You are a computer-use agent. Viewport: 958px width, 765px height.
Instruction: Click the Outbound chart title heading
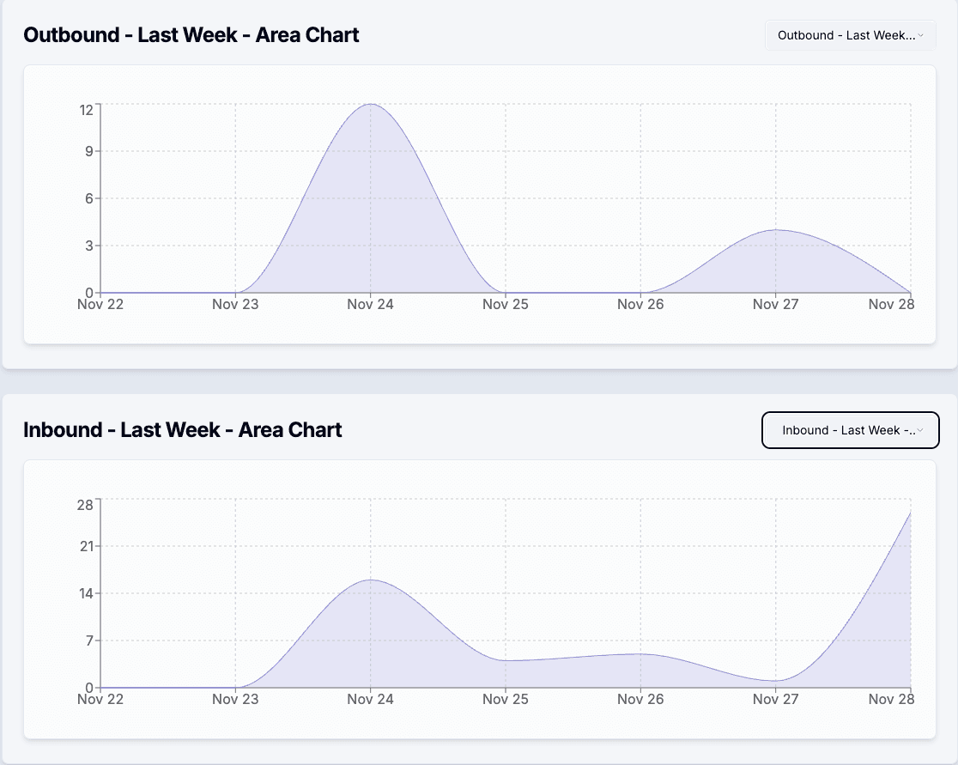(191, 35)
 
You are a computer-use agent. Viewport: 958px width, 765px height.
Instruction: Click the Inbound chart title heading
(182, 430)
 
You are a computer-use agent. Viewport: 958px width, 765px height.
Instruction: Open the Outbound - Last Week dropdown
(850, 35)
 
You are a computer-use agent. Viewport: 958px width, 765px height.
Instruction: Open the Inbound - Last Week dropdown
(850, 430)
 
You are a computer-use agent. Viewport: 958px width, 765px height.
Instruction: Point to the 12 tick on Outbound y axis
(87, 109)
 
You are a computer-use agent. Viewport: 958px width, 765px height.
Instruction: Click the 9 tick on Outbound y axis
(89, 151)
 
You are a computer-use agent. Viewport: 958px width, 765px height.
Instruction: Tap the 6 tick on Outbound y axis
(89, 198)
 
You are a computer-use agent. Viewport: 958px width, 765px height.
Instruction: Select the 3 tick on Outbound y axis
(89, 246)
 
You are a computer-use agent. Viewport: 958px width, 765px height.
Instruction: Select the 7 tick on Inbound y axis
(89, 641)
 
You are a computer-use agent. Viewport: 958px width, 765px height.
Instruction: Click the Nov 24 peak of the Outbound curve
(370, 104)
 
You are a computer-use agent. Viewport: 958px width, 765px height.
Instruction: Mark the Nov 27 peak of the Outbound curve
(776, 230)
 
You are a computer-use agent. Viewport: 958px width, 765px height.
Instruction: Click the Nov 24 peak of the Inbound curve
(370, 580)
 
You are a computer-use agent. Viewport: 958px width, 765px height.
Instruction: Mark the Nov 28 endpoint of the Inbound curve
(910, 513)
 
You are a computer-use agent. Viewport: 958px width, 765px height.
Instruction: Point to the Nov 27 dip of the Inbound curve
(776, 681)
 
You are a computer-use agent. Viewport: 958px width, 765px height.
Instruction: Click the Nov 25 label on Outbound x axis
(506, 304)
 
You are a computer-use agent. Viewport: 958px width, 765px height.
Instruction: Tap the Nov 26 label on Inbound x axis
(640, 699)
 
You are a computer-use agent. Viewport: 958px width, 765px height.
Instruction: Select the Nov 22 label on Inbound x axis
(100, 699)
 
